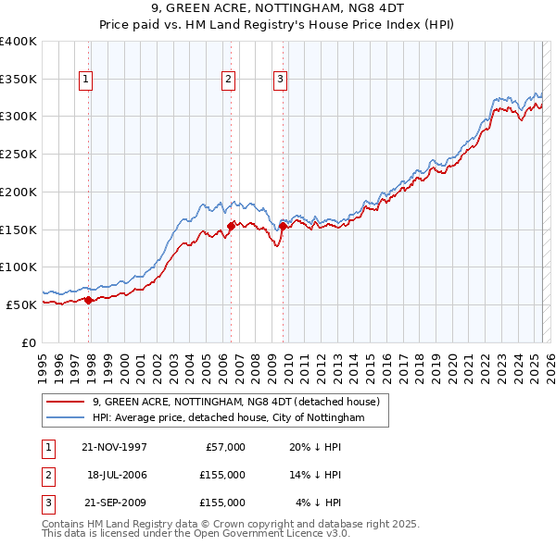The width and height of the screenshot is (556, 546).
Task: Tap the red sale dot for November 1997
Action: pos(88,300)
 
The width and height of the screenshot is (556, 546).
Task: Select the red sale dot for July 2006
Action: pos(231,225)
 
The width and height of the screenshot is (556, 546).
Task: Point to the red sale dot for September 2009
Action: pos(282,225)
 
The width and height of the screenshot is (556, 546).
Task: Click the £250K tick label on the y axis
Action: pos(19,155)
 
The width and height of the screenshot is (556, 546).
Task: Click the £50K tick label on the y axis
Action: pos(22,304)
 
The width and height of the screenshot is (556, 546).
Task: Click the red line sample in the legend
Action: pos(65,403)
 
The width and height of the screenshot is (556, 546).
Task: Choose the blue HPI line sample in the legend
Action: pos(65,418)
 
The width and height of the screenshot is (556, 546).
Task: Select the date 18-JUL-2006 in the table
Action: pos(117,475)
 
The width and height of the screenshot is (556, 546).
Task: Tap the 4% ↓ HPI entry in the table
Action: pos(319,503)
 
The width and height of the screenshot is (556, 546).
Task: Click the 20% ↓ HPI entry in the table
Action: pos(316,447)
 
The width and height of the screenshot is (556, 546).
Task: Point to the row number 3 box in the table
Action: pos(45,503)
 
